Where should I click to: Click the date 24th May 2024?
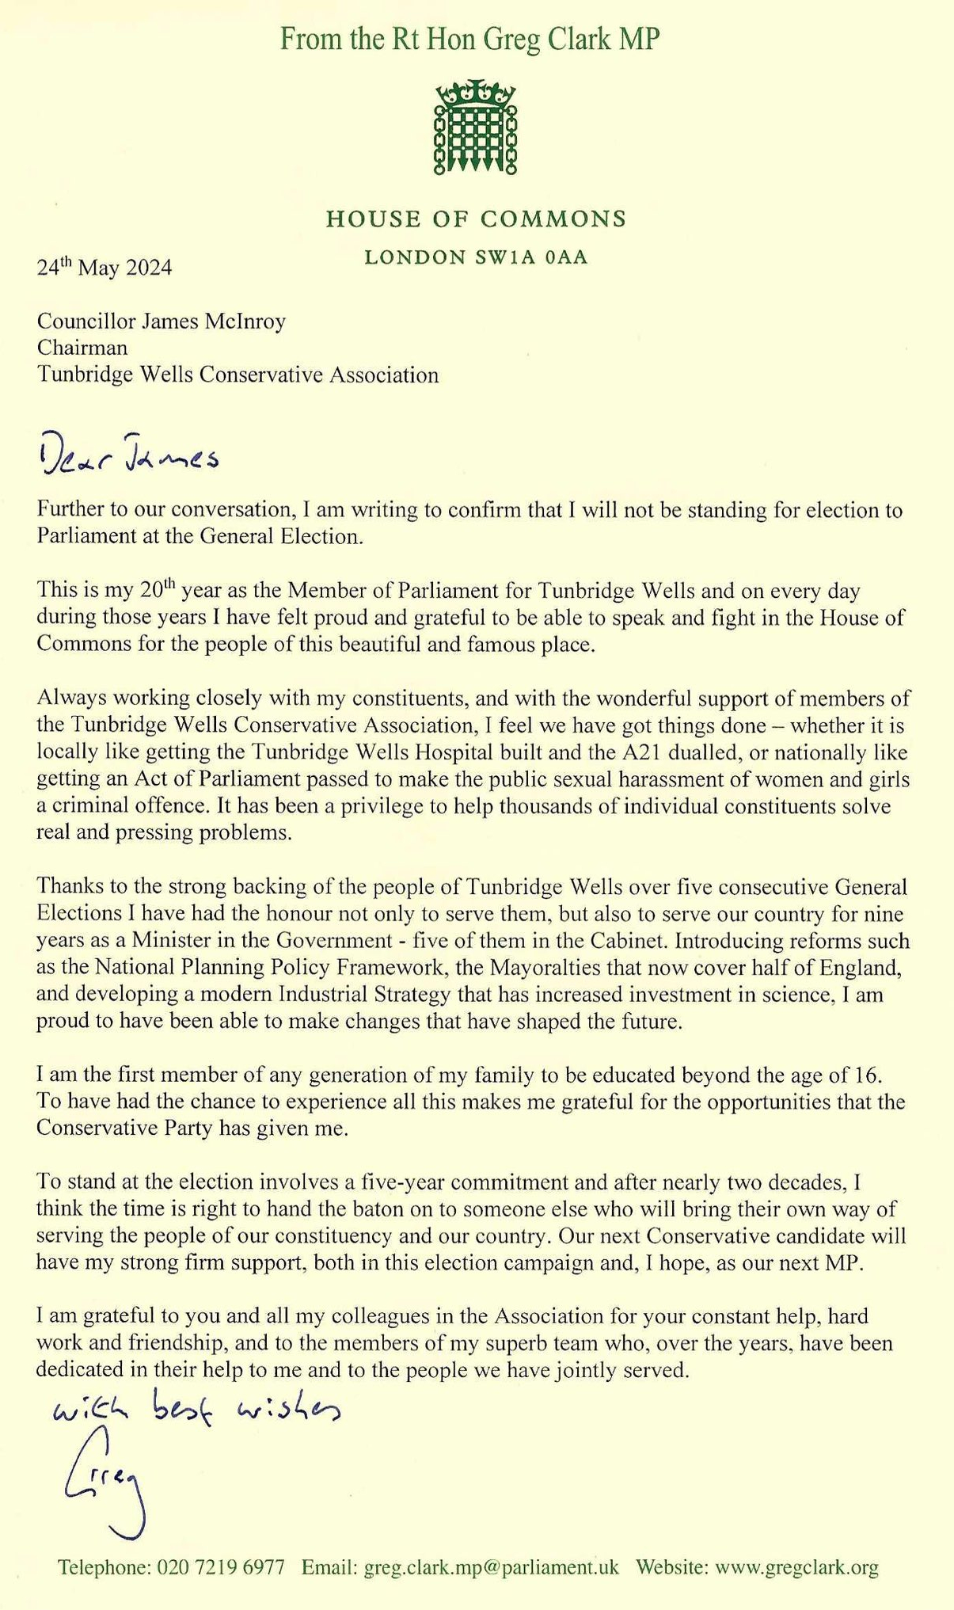click(104, 268)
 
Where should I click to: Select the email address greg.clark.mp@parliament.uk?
click(491, 1567)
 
